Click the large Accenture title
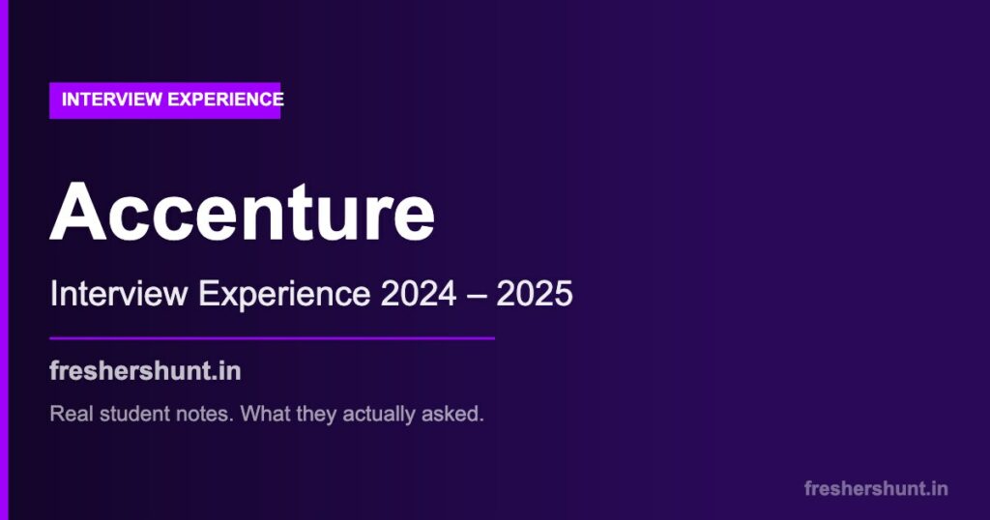click(x=242, y=213)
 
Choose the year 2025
click(x=535, y=294)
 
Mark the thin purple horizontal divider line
click(x=272, y=338)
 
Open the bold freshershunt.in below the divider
click(x=145, y=371)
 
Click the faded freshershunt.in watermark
click(x=876, y=488)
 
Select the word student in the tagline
click(x=127, y=415)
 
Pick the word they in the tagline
click(x=312, y=415)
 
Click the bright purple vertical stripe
click(x=4, y=260)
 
